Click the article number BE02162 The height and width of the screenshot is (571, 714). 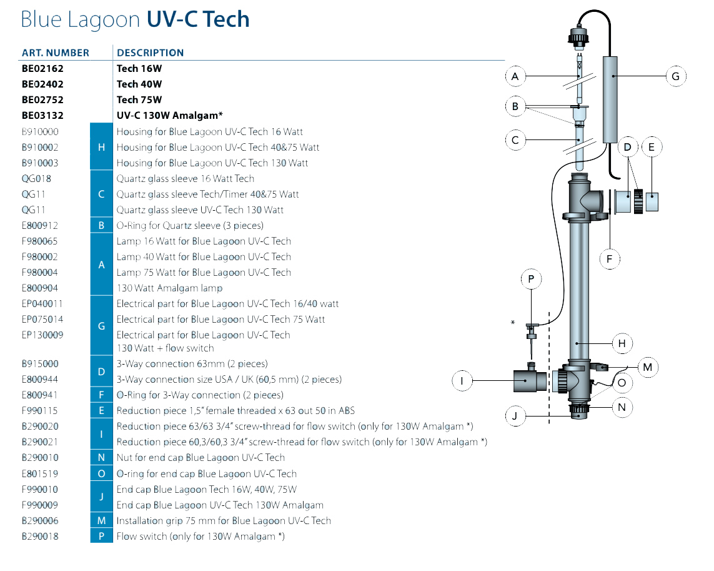point(42,68)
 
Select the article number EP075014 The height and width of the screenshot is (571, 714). point(42,319)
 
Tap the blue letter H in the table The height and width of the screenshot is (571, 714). point(101,147)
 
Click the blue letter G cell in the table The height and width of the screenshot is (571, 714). point(101,326)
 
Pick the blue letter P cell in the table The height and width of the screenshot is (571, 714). point(101,536)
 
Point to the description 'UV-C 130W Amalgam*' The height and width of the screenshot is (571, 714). point(169,115)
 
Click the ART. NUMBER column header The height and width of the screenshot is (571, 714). point(56,53)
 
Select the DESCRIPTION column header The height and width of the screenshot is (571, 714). point(150,53)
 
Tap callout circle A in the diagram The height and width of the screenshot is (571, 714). point(515,76)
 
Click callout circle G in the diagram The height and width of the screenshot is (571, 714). point(675,76)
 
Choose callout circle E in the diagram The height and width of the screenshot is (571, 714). point(652,148)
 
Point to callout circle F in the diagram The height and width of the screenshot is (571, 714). point(609,258)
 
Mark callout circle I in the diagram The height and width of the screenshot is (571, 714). point(462,380)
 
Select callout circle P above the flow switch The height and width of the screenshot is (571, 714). point(531,279)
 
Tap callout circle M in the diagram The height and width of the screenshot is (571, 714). point(647,367)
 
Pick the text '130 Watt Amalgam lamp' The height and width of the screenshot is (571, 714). point(169,288)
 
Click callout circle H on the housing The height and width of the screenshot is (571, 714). point(622,343)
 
